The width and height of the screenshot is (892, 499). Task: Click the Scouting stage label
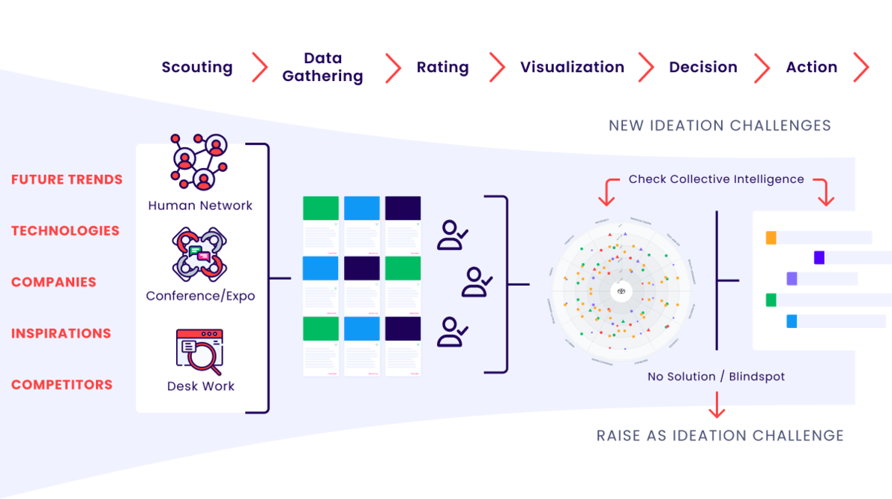click(x=197, y=68)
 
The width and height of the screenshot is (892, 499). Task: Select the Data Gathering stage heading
click(x=323, y=68)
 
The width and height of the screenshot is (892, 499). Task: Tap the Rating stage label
click(x=442, y=68)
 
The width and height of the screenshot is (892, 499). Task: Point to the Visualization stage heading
click(x=572, y=68)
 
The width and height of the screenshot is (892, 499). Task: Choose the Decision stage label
click(x=703, y=68)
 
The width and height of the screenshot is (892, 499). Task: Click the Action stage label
click(x=811, y=68)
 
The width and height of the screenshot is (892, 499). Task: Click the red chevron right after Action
click(x=861, y=68)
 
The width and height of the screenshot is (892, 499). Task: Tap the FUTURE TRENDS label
click(x=67, y=179)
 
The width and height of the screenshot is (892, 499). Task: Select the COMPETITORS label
click(x=61, y=385)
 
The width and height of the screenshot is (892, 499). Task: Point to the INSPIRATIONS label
click(x=61, y=333)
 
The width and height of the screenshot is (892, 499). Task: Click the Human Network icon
click(x=200, y=162)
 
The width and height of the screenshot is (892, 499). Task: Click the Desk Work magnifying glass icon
click(x=200, y=352)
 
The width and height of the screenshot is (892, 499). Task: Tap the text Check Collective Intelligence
click(x=716, y=179)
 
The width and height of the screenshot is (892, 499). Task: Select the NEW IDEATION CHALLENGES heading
click(x=720, y=125)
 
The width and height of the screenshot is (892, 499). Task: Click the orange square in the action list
click(x=771, y=238)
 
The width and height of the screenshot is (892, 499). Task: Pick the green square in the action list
click(x=771, y=300)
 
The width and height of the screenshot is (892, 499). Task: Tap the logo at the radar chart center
click(x=621, y=290)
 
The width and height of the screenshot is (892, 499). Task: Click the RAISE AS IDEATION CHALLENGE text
click(x=720, y=435)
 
